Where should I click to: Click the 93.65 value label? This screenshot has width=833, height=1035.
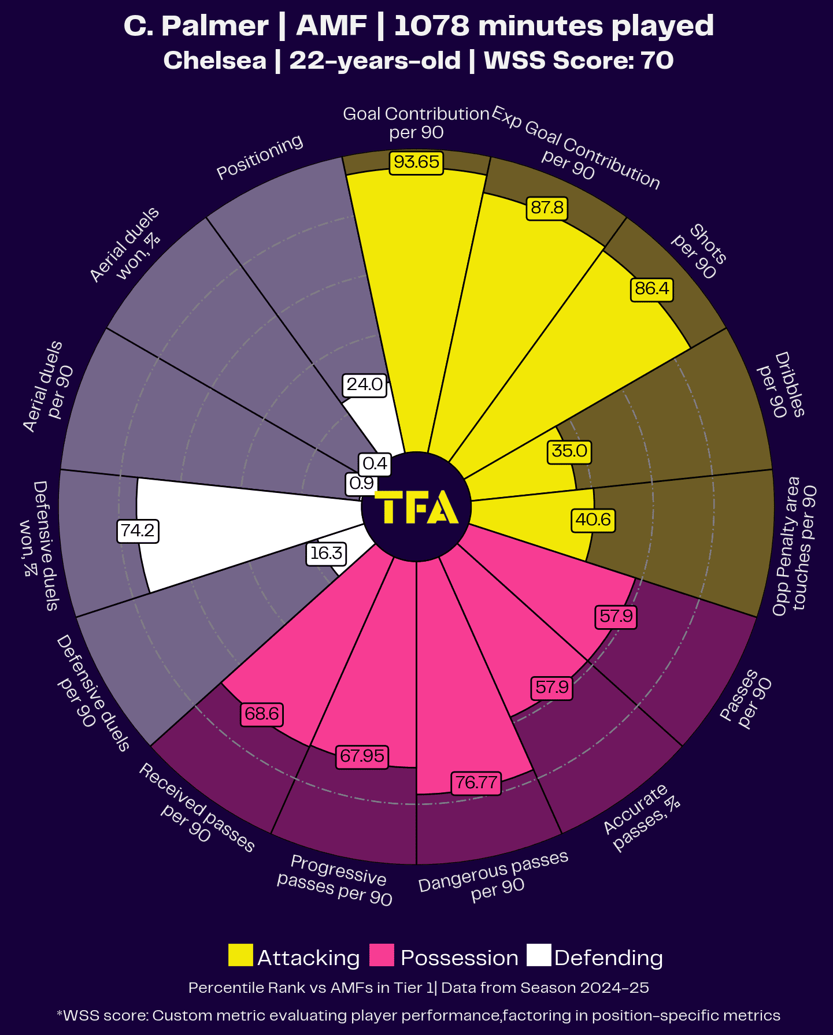[416, 162]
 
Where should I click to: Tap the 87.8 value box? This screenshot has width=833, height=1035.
[547, 208]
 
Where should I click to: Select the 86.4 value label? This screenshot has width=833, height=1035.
[652, 288]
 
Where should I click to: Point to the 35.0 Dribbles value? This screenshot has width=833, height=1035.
[569, 451]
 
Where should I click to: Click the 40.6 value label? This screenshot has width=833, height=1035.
[593, 520]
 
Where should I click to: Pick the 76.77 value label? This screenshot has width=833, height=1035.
[476, 782]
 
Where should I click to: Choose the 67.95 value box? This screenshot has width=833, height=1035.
[362, 756]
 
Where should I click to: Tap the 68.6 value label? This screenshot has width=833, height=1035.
[262, 714]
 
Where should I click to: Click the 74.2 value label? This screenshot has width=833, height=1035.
[138, 531]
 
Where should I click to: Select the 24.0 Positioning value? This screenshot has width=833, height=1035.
[364, 384]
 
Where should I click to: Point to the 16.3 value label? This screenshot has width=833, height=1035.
[326, 554]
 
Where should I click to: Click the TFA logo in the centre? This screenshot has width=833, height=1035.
[416, 507]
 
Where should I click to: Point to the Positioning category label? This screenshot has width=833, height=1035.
[260, 157]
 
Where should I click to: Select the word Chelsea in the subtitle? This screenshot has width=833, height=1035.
[215, 61]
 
